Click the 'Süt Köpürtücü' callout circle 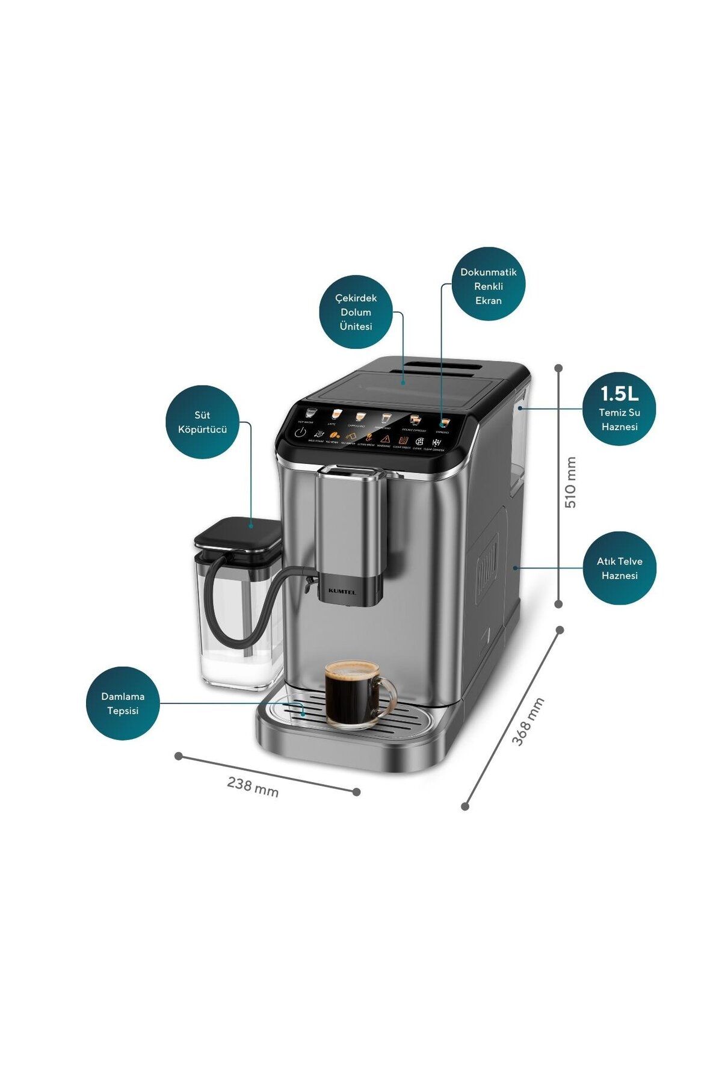[203, 422]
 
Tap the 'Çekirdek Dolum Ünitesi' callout [356, 312]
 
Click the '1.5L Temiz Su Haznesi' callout [619, 409]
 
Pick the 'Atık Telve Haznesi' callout [619, 568]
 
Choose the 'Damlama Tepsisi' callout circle [123, 703]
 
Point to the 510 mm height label [570, 482]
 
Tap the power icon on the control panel [300, 433]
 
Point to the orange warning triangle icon [385, 439]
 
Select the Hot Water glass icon [310, 413]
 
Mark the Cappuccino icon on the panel [360, 416]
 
